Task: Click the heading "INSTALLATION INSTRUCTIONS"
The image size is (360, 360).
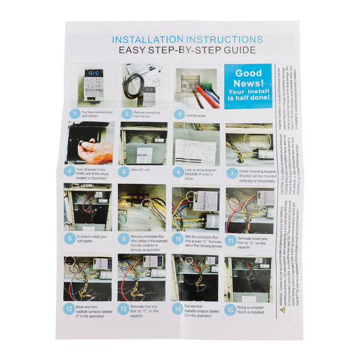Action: (x=187, y=40)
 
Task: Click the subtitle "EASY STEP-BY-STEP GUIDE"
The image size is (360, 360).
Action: (x=187, y=51)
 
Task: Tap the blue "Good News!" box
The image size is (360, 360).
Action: (x=248, y=86)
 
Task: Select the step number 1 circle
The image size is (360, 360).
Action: (x=74, y=114)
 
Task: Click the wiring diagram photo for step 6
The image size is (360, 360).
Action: (x=196, y=143)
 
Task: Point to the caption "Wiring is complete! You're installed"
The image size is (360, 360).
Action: (x=253, y=308)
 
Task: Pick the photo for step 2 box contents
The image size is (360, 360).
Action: (x=143, y=86)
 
